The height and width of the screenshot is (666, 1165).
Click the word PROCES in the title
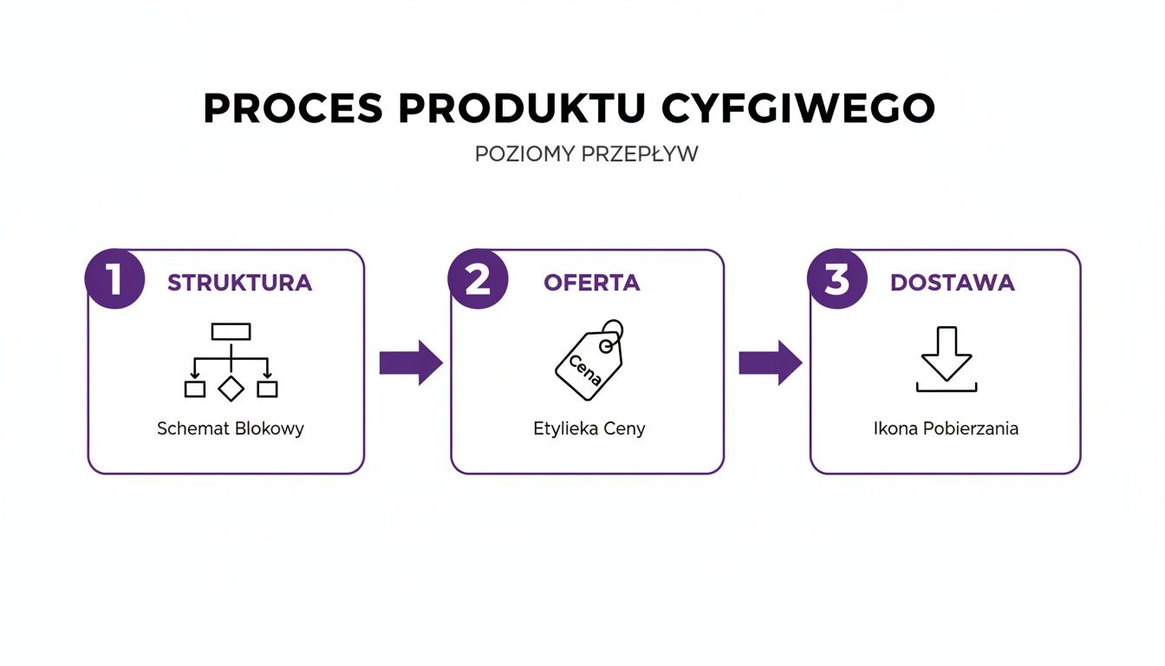click(x=292, y=108)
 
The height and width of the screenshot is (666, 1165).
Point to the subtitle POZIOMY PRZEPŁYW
click(x=586, y=154)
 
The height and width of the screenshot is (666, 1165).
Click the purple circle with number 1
click(x=114, y=279)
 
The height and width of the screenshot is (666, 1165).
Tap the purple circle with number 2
click(x=478, y=279)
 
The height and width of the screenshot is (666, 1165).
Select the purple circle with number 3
click(x=836, y=279)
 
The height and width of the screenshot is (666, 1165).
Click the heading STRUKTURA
click(x=239, y=283)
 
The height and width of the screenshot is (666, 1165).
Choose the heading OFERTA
click(x=591, y=283)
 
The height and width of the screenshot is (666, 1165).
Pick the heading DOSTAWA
click(x=952, y=283)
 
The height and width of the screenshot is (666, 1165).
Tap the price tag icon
click(x=589, y=361)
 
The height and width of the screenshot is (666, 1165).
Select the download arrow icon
click(x=947, y=359)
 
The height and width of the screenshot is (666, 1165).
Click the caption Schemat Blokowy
click(x=231, y=428)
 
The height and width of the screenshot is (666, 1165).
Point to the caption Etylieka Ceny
click(x=589, y=428)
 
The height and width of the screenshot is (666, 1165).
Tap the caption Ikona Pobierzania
click(x=946, y=428)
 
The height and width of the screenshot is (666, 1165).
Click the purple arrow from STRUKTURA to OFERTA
click(x=411, y=362)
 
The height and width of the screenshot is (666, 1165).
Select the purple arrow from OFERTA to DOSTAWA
click(x=770, y=362)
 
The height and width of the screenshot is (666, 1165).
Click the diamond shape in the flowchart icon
click(x=231, y=388)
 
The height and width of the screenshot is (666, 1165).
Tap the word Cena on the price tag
click(x=584, y=369)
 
